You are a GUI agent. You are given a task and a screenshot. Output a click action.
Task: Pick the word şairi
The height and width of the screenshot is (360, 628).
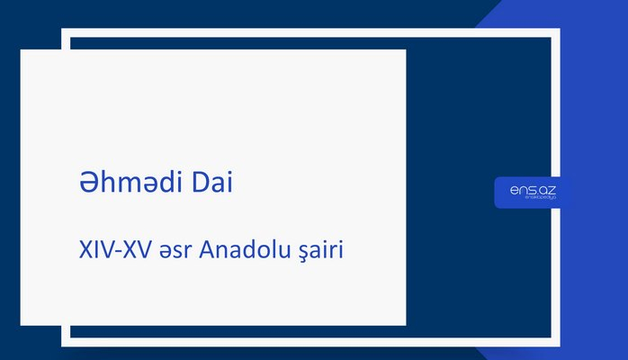(319, 249)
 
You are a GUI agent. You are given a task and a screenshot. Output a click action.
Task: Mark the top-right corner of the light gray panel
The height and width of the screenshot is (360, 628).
(405, 50)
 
